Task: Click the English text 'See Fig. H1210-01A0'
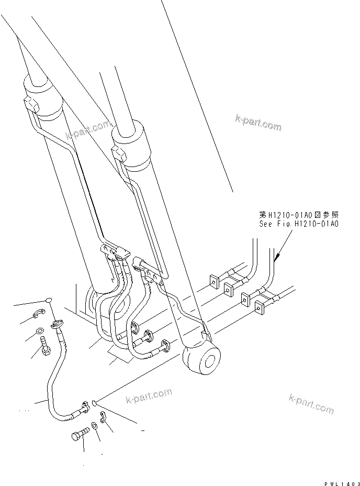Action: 299,224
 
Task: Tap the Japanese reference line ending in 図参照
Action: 299,215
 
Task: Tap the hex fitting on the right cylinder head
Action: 120,153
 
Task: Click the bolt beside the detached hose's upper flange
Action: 44,346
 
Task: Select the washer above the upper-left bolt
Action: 40,332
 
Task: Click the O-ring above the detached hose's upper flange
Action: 48,300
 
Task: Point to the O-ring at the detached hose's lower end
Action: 93,403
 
